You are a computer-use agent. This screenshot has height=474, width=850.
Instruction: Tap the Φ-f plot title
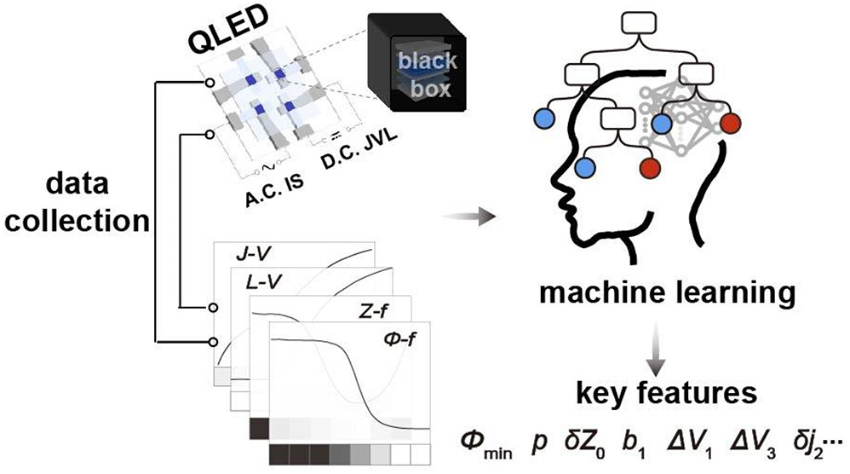pos(398,344)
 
